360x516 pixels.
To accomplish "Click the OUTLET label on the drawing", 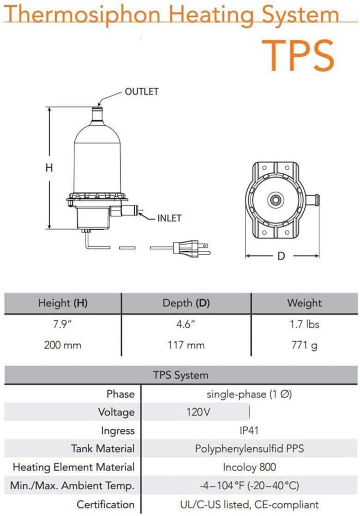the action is [x=141, y=91].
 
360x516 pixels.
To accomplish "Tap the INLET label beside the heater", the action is [x=169, y=218].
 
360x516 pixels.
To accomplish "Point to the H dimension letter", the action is [x=49, y=168].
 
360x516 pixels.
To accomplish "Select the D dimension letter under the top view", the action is [x=281, y=256].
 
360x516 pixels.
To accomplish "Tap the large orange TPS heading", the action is [x=298, y=55].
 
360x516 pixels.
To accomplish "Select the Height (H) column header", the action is [x=62, y=303].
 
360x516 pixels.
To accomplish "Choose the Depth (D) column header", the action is [x=186, y=303].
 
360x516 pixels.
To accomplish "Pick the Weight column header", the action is [x=304, y=303].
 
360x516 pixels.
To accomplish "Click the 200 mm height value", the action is [x=62, y=345].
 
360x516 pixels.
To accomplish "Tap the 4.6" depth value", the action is [x=186, y=324].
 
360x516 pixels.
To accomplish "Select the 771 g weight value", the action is [x=304, y=346].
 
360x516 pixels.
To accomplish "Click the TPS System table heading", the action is [x=181, y=375].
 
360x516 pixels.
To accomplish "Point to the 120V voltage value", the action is [x=198, y=412].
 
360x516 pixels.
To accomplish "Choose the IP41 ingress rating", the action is [x=249, y=430].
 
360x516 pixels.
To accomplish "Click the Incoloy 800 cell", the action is [x=250, y=467].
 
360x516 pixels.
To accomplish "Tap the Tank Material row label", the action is [x=103, y=448].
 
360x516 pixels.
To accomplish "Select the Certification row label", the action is [x=106, y=505].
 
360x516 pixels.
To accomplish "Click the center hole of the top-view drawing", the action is [x=275, y=200].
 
